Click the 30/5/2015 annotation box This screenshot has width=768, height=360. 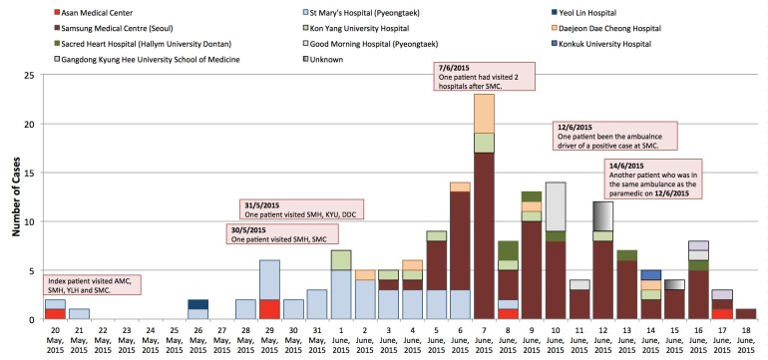click(282, 235)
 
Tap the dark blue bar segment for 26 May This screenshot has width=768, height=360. click(198, 304)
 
